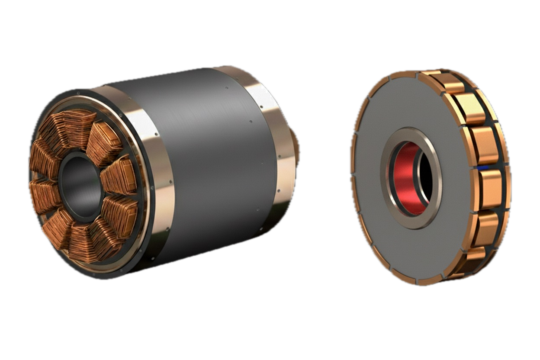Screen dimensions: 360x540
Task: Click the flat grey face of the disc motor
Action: click(x=389, y=242)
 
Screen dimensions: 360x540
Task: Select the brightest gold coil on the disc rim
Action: click(x=472, y=108)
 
